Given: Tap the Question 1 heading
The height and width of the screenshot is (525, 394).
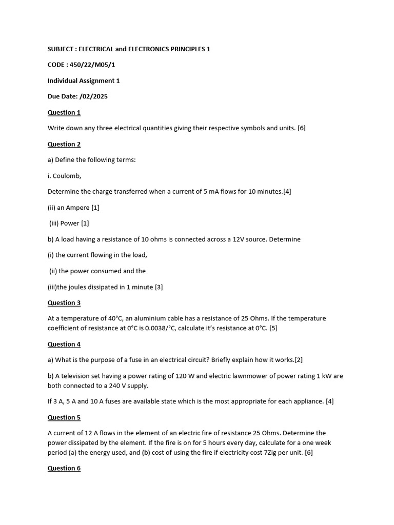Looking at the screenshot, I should click(64, 112).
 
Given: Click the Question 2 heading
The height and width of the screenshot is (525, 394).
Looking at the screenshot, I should click(64, 144).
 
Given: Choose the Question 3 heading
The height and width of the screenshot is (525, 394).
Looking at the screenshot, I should click(64, 302).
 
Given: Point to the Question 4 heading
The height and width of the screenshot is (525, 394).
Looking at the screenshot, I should click(64, 344).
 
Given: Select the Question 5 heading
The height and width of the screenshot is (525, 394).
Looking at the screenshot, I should click(64, 417).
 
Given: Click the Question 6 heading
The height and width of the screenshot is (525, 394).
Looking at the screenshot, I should click(64, 468).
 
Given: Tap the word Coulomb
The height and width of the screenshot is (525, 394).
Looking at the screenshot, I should click(67, 176).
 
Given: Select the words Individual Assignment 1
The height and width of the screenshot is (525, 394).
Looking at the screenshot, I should click(84, 80).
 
